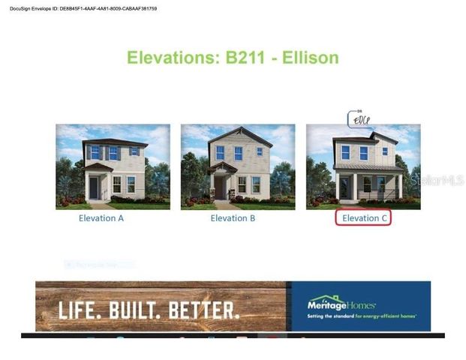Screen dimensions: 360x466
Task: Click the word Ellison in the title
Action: pos(311,58)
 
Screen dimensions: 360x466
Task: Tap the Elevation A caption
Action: pos(101,218)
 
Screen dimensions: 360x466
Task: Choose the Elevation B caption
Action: pos(233,218)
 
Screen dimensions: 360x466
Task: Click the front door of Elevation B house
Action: pos(218,187)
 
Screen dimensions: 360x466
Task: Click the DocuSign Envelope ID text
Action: pos(83,8)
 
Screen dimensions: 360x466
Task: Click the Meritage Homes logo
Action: pos(341,303)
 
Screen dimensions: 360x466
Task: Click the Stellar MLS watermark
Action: pos(437,180)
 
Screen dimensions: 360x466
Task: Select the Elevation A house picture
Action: pos(113,166)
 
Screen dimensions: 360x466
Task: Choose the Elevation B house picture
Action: pos(237,166)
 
